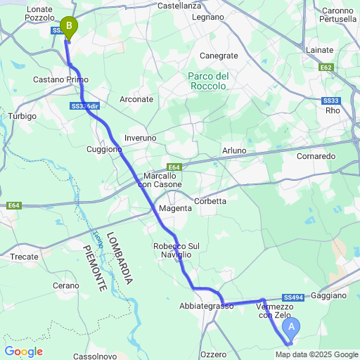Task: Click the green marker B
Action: point(68,27)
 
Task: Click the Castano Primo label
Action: point(59,80)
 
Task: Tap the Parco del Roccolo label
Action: point(208,81)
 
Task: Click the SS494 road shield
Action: point(295,297)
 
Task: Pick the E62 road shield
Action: point(325,67)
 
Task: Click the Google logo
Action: point(23,352)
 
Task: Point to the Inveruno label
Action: point(140,138)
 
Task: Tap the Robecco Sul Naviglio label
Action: point(176,250)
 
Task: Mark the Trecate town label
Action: point(24,257)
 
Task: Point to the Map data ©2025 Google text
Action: point(322,354)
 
